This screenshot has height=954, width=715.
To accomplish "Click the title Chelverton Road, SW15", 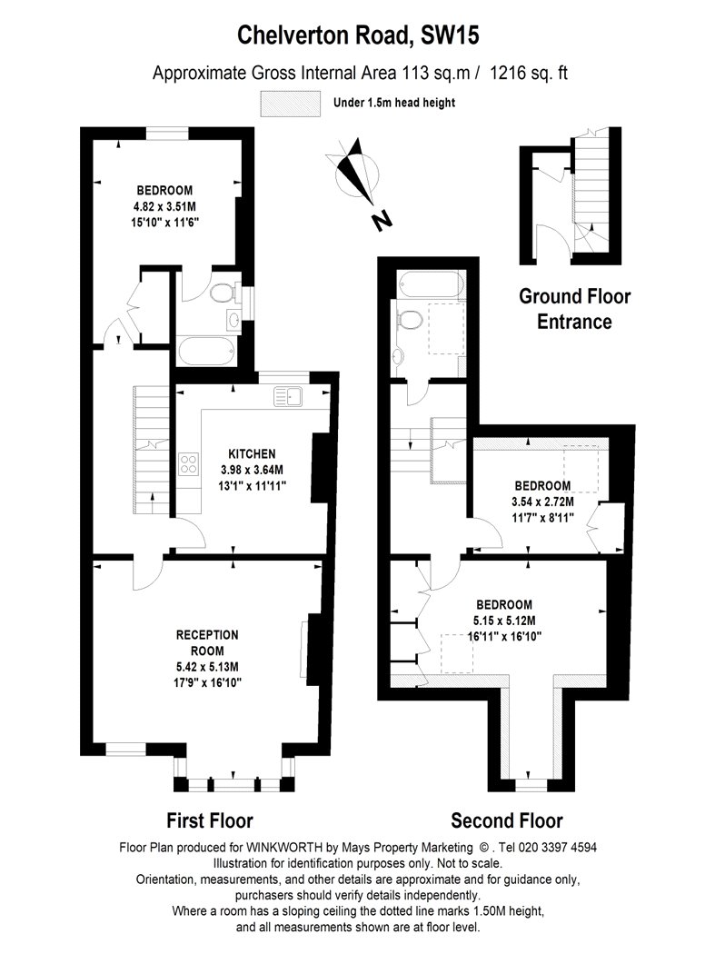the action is tap(358, 35).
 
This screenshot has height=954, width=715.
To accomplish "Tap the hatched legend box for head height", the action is tap(290, 104).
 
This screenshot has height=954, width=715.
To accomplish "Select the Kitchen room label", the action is tap(252, 454).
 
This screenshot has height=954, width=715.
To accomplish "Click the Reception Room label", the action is tap(207, 642).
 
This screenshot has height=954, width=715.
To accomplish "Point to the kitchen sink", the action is tap(289, 396).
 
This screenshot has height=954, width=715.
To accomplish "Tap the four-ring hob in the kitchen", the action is tap(189, 463).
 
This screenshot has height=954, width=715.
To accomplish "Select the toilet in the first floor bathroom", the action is tap(223, 293).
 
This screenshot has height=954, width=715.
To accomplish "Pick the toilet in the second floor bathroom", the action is tap(409, 319).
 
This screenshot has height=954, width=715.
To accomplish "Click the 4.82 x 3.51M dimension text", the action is tap(166, 206).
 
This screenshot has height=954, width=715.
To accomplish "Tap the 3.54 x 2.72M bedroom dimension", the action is tap(542, 502).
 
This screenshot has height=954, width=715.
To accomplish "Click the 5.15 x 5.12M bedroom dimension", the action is tap(504, 621).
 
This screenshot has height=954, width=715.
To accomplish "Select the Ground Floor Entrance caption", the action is tap(574, 309).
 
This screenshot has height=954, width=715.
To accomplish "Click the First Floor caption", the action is tap(210, 820).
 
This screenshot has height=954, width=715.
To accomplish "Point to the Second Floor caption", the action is tap(507, 820).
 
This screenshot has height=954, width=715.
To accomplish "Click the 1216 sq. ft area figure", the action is tap(529, 73).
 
